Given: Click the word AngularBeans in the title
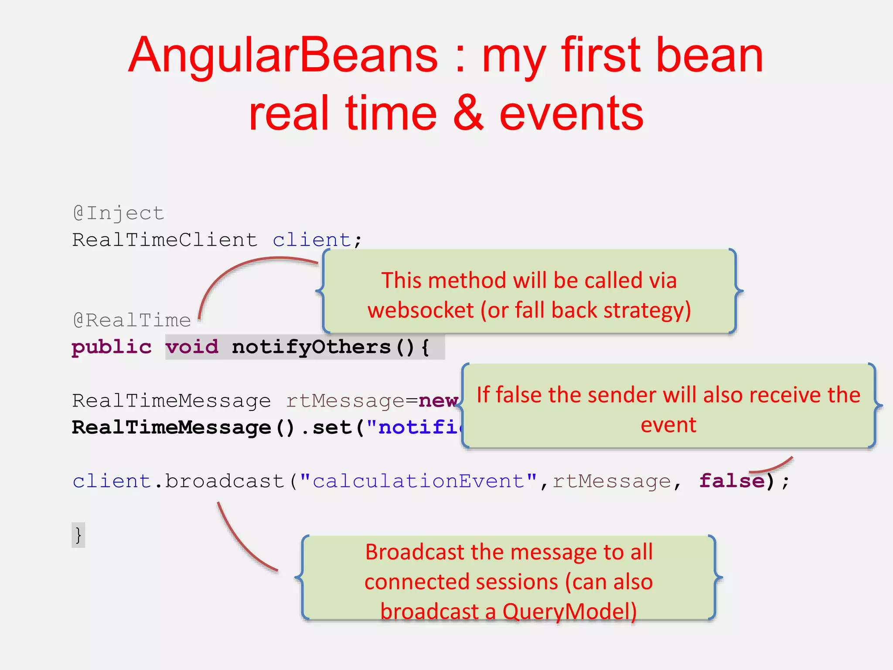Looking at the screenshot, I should (283, 56).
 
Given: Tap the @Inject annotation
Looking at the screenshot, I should (118, 213).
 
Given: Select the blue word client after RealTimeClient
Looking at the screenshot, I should (312, 240).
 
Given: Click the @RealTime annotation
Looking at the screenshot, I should (132, 321).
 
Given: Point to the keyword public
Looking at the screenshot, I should (112, 347).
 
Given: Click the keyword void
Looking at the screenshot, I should (192, 347).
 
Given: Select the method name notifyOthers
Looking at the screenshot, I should (311, 347).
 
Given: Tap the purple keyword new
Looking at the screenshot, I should (438, 400).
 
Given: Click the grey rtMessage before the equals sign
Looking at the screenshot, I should (345, 400).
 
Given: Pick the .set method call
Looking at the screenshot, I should (327, 427).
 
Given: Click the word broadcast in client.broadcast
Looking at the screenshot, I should (225, 481).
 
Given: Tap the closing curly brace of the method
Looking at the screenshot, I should (78, 535).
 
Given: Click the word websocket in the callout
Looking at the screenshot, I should (420, 311).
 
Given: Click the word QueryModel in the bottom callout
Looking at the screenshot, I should (569, 612).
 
